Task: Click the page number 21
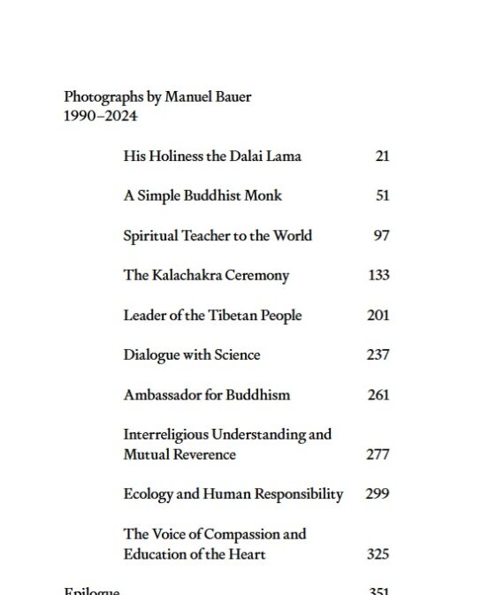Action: pos(382,156)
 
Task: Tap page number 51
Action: pos(382,196)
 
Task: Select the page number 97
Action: pos(382,236)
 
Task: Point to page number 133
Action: pos(378,276)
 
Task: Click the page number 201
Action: pos(378,316)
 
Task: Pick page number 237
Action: pos(378,355)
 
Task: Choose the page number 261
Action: pos(378,395)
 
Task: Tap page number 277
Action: pos(378,455)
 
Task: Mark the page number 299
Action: pos(378,495)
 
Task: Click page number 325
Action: pos(378,555)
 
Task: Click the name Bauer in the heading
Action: pos(232,97)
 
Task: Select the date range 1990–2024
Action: pos(101,117)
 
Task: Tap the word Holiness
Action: pos(175,156)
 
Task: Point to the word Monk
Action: pos(263,196)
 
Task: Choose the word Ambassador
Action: pos(163,395)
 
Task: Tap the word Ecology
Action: pos(148,495)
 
